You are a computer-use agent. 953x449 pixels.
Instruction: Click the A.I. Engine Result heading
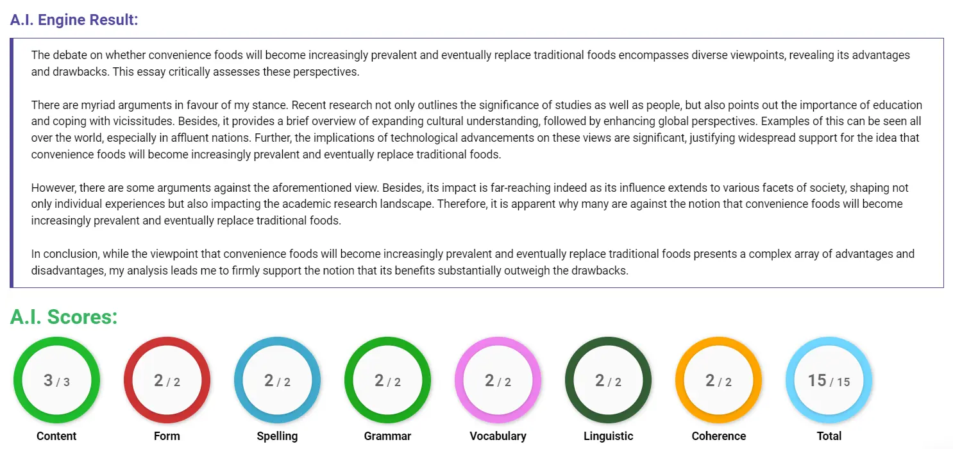(x=74, y=19)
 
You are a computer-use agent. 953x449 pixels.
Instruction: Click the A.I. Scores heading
(x=63, y=317)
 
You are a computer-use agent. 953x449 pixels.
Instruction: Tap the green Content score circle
(x=56, y=380)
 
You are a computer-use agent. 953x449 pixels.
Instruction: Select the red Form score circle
(x=167, y=380)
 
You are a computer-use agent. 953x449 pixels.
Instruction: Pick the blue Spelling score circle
(x=277, y=380)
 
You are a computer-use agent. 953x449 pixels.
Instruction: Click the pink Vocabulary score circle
(x=498, y=380)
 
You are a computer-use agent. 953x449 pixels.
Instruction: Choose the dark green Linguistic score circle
(x=608, y=380)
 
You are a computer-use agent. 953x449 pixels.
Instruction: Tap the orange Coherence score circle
(x=718, y=380)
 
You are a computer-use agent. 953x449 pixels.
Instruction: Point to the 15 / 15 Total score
(x=829, y=380)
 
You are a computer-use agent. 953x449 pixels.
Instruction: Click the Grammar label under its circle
(x=387, y=436)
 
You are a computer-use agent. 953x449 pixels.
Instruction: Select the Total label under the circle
(x=829, y=436)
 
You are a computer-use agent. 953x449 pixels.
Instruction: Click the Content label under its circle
(x=56, y=436)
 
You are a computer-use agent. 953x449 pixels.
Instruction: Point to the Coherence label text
(x=718, y=436)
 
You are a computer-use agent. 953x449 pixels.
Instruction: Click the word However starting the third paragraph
(x=53, y=188)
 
